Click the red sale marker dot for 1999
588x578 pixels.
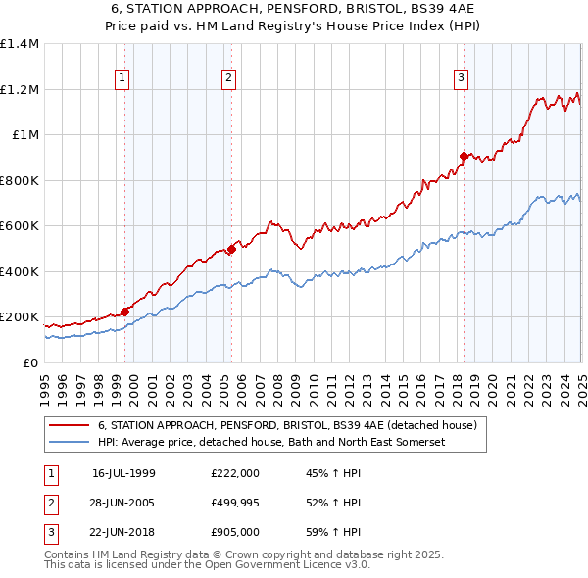pyautogui.click(x=125, y=313)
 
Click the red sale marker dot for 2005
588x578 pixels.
pyautogui.click(x=231, y=249)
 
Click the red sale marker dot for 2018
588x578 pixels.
pyautogui.click(x=464, y=156)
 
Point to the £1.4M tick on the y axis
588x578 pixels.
pyautogui.click(x=19, y=44)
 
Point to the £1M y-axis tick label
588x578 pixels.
pyautogui.click(x=24, y=135)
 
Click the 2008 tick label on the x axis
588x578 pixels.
pyautogui.click(x=277, y=383)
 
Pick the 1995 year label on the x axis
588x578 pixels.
pyautogui.click(x=45, y=383)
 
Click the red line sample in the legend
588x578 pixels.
pyautogui.click(x=70, y=426)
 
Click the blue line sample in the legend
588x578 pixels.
pyautogui.click(x=70, y=443)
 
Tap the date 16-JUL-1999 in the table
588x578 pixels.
pyautogui.click(x=123, y=473)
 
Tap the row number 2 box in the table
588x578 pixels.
pyautogui.click(x=50, y=504)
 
